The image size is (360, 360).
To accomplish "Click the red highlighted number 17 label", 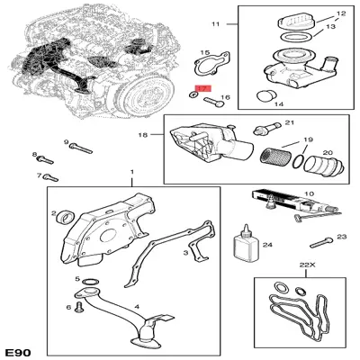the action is [203, 88].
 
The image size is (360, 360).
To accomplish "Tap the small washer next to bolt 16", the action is [193, 95].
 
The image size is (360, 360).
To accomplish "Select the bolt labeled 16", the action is [213, 102].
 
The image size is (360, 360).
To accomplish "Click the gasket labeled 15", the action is [211, 64].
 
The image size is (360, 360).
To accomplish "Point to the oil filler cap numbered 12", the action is [296, 22].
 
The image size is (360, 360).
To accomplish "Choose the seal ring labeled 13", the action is [296, 38].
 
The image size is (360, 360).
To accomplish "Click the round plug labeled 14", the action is [265, 96].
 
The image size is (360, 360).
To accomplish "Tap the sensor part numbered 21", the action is [265, 129].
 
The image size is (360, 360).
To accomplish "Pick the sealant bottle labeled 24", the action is [246, 244].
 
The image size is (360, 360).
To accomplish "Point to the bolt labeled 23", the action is [321, 243].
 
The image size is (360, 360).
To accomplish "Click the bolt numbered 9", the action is [81, 148].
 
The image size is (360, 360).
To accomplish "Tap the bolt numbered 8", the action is [45, 159].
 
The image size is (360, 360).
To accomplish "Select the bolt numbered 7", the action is [50, 177].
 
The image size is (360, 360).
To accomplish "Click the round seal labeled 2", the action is [66, 217].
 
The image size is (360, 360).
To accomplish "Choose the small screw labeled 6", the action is [79, 307].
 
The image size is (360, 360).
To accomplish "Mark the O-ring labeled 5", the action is [91, 282].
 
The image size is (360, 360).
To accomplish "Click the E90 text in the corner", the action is [17, 351].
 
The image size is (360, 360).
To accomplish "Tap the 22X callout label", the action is [306, 265].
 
